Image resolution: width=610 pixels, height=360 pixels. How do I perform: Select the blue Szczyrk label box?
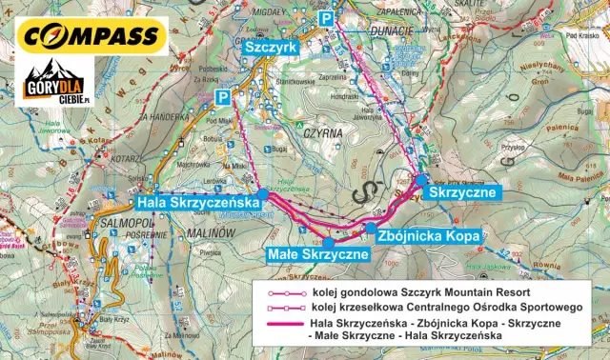tap(271, 45)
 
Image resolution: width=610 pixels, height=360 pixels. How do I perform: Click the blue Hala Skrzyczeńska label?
tap(197, 203)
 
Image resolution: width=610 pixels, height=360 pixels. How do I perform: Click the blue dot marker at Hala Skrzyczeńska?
tap(263, 192)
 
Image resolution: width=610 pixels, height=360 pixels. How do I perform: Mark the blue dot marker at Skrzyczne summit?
tap(422, 179)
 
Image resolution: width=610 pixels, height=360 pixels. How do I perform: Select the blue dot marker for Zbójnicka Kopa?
tap(370, 228)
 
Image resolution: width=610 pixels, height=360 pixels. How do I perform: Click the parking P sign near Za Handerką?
tap(223, 97)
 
